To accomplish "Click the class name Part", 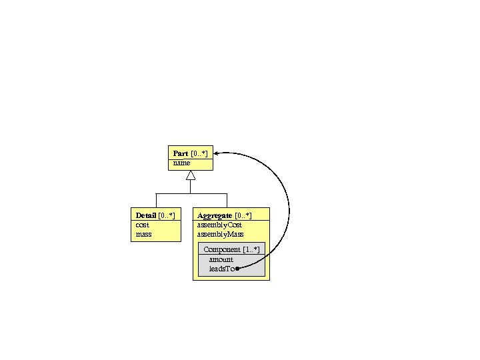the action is (180, 153).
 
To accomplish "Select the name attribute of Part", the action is (181, 163).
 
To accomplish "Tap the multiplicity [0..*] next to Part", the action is (199, 153).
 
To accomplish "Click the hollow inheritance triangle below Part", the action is (191, 175).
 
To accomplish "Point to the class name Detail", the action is (145, 215).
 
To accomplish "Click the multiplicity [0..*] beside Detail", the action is (166, 215).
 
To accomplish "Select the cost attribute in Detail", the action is (143, 225).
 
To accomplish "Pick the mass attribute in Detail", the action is (143, 234).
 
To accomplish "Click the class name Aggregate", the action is (215, 215).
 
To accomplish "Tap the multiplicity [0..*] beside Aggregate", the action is (243, 215).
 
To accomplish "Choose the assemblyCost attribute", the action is (219, 225).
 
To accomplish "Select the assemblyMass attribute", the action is (220, 234).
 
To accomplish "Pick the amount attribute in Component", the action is (221, 259).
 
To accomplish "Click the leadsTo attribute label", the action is (221, 269).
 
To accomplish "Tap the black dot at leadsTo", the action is (237, 269).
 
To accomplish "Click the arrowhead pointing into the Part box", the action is (217, 153).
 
